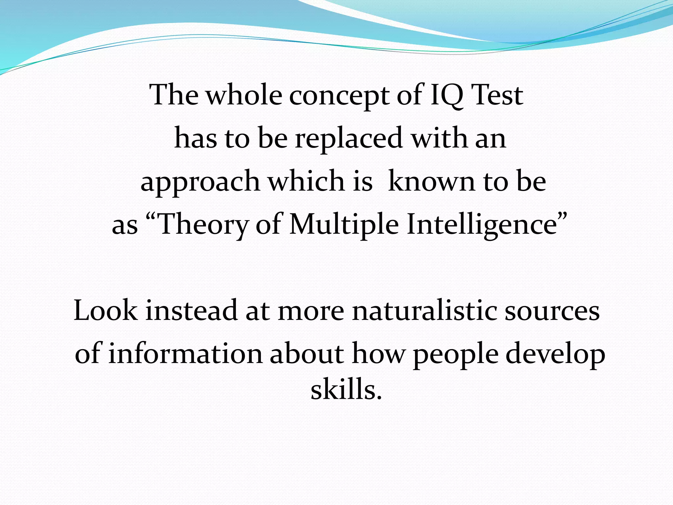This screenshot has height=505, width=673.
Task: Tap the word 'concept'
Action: [x=339, y=96]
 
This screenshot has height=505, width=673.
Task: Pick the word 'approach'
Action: [x=200, y=181]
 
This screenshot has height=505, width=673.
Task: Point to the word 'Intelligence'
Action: [x=481, y=225]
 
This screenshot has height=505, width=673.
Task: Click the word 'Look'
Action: [x=105, y=310]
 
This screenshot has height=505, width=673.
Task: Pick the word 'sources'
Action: [x=552, y=311]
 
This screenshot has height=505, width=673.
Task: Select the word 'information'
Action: [x=185, y=354]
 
